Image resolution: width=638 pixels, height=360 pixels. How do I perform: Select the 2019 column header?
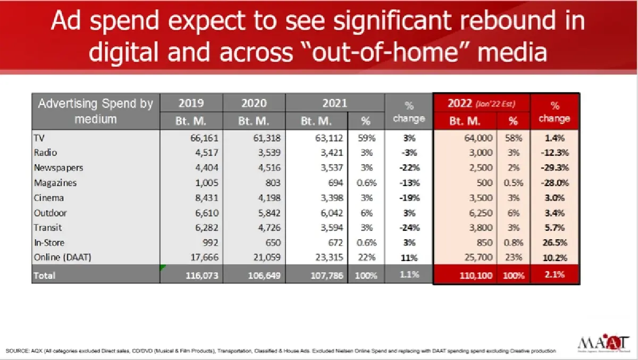click(x=191, y=103)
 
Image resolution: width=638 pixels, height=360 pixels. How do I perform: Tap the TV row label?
click(x=39, y=138)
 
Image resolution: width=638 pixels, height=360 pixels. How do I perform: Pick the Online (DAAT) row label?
click(x=62, y=258)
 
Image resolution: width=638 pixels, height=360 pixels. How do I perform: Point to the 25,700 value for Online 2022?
click(x=478, y=258)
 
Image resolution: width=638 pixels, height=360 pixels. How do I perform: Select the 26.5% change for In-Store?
click(x=554, y=243)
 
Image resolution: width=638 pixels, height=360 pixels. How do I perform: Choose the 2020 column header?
click(x=254, y=103)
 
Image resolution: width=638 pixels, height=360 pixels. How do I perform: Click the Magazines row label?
click(x=55, y=182)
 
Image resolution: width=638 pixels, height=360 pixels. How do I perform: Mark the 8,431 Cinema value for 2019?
click(x=204, y=198)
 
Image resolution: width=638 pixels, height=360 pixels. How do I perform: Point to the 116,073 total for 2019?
click(x=200, y=276)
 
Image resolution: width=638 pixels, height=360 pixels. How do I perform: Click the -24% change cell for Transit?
click(x=409, y=228)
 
